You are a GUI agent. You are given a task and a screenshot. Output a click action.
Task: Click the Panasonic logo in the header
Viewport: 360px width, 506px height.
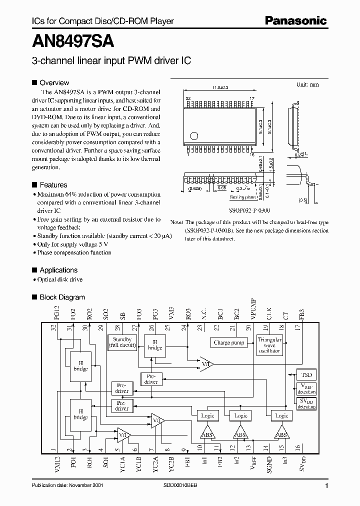296,21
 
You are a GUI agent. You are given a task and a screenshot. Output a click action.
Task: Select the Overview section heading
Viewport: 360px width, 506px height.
54,83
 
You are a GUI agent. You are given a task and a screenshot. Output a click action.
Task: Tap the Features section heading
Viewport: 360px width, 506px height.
53,185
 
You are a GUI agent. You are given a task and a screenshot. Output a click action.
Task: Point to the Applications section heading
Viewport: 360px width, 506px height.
58,270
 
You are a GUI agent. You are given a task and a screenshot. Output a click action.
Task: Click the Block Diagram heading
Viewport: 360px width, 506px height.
62,297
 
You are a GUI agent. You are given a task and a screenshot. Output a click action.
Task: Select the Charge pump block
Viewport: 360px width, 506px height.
229,343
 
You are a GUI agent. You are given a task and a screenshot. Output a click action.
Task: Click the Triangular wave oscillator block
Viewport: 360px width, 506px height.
269,345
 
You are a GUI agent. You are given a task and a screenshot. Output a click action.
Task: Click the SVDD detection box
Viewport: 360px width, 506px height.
306,403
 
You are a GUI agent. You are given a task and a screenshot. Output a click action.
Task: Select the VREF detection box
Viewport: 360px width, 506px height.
306,389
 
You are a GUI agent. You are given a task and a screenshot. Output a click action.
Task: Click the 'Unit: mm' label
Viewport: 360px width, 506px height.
307,84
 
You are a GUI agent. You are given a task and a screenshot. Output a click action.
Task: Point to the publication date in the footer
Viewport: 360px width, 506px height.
66,486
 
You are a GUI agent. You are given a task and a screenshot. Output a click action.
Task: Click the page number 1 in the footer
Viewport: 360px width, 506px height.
326,486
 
